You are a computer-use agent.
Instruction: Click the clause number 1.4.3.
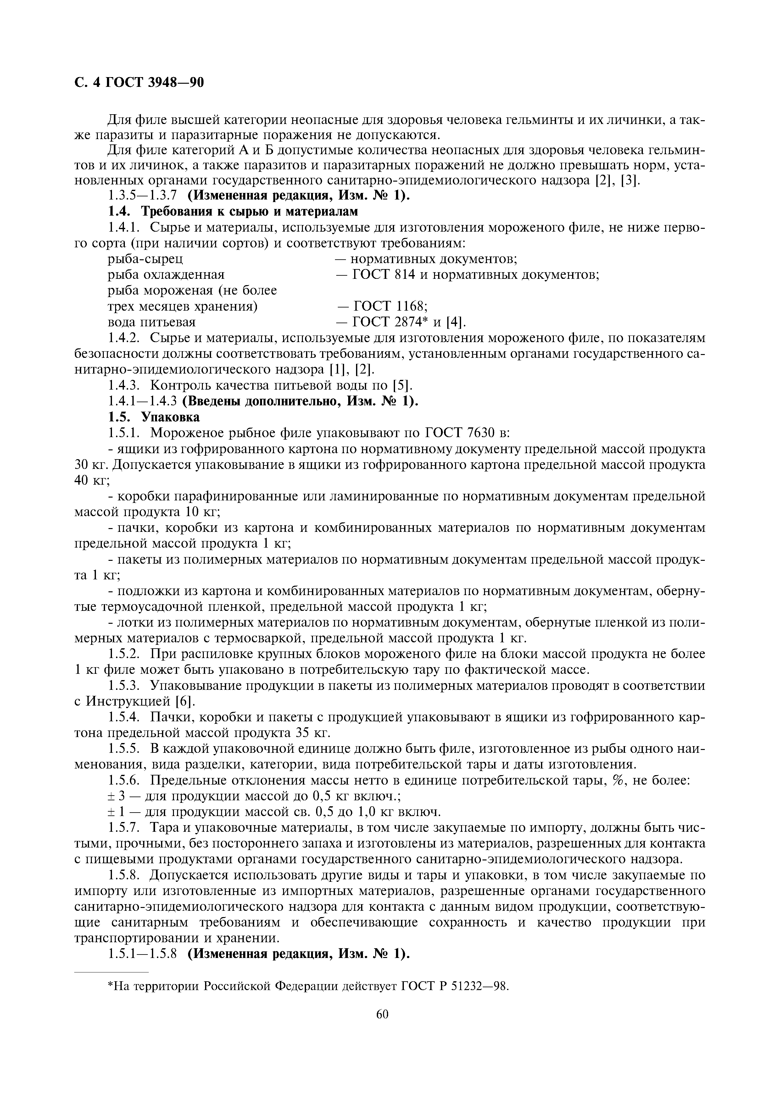click(124, 386)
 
